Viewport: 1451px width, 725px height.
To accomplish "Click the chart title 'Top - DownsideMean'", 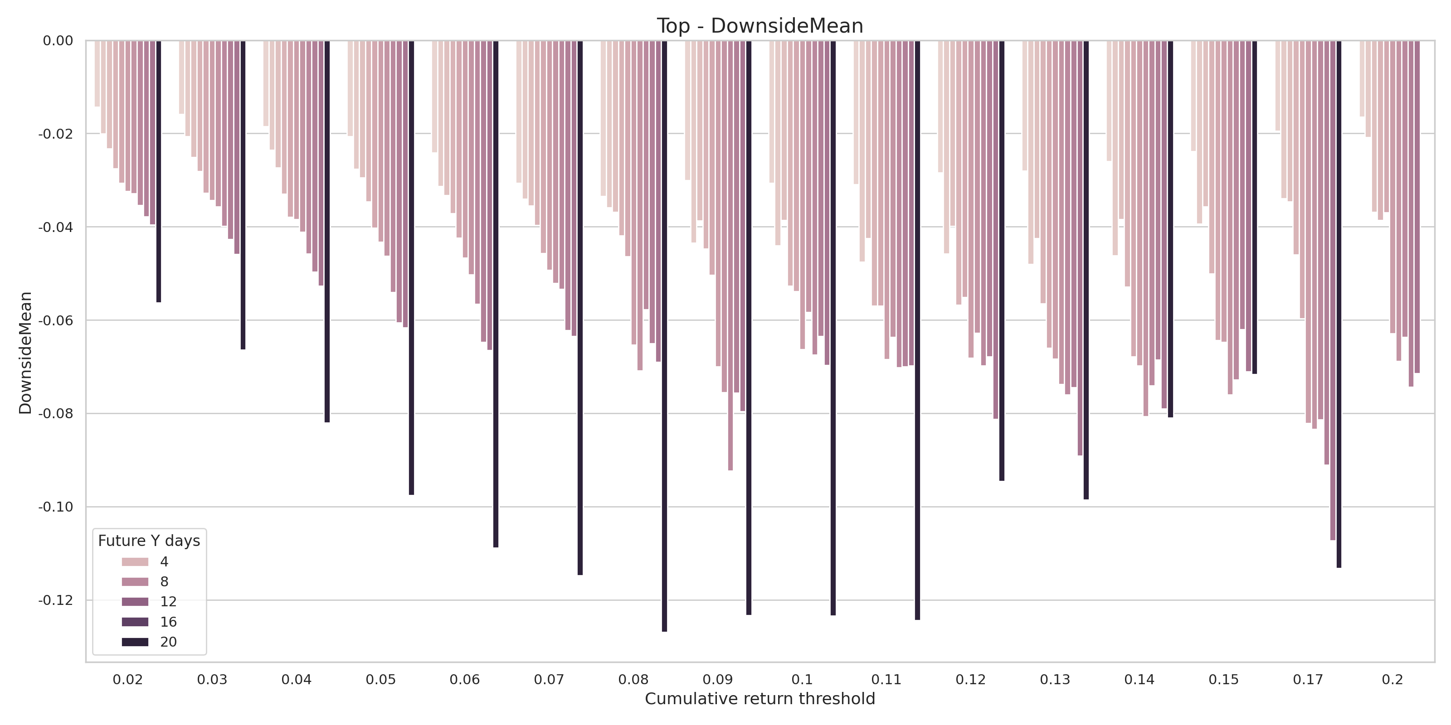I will [760, 26].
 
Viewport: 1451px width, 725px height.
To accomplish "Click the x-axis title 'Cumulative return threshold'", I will [760, 699].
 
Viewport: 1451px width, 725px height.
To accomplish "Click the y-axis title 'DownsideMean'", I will [25, 353].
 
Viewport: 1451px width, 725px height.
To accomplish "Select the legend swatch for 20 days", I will [135, 642].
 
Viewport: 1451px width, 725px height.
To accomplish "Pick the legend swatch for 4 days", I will [135, 562].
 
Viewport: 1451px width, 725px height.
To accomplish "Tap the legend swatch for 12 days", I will [135, 602].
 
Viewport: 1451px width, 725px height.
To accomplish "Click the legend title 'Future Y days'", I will [149, 541].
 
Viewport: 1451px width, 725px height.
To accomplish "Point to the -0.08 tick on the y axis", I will [56, 414].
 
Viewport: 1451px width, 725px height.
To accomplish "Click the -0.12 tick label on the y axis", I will [56, 600].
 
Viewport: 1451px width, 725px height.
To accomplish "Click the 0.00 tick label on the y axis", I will [58, 40].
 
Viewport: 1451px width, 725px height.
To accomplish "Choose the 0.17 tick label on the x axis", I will [1307, 679].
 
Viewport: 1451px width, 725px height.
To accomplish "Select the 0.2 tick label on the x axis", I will [1393, 679].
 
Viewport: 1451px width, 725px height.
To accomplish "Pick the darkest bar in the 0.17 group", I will [1339, 304].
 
